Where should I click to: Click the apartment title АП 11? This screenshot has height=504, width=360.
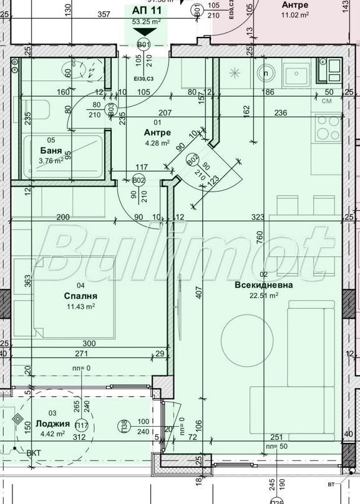(x=147, y=10)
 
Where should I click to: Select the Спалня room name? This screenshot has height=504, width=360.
(x=80, y=296)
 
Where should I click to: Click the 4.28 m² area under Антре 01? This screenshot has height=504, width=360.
(x=157, y=143)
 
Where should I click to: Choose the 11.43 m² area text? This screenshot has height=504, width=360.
(x=80, y=306)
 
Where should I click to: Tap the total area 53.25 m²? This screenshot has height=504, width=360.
(x=147, y=21)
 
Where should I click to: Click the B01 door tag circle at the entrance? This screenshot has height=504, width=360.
(x=144, y=44)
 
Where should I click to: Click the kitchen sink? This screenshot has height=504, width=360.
(x=296, y=74)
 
